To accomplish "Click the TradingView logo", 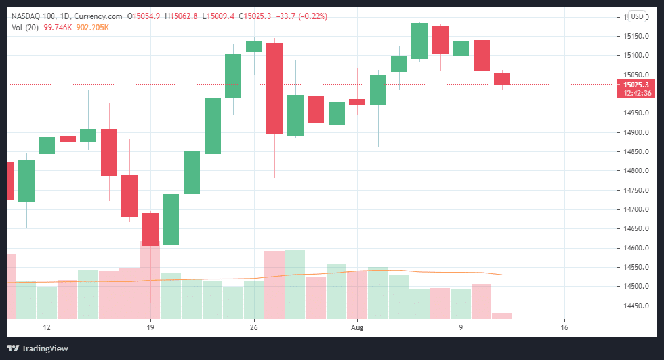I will (38, 348).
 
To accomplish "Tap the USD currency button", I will (636, 16).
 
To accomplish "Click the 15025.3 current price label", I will (636, 85).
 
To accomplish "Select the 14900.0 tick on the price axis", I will (636, 132).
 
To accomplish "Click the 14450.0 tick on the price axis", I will (636, 306).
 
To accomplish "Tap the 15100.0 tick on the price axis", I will (636, 55).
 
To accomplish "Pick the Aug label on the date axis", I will (357, 327).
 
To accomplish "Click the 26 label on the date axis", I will (254, 327).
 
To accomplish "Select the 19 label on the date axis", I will (150, 327).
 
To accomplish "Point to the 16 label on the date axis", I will (564, 327).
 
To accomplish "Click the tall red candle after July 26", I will (274, 89).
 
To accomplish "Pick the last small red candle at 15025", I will (502, 79).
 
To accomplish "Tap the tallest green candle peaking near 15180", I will (419, 41).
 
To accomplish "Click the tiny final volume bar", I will (502, 315).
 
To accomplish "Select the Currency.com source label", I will (102, 16).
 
